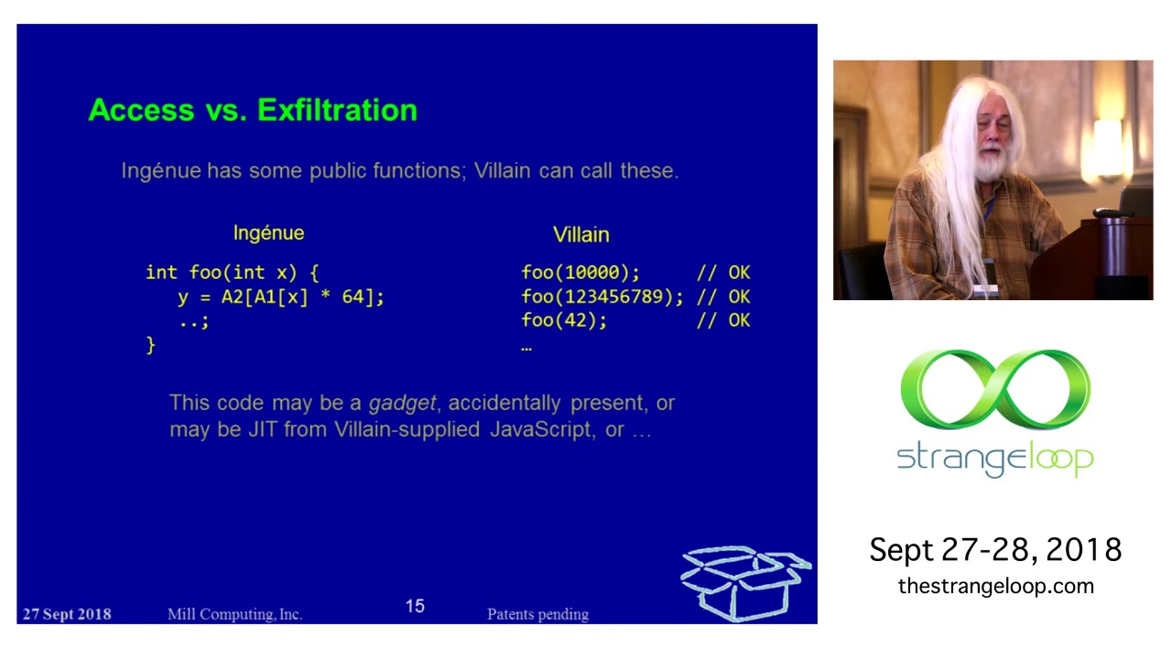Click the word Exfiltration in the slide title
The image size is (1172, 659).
tap(337, 110)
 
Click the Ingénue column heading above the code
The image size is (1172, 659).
tap(268, 233)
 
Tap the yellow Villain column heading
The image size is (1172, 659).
tap(581, 235)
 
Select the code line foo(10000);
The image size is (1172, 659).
tap(581, 273)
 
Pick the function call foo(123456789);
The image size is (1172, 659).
tap(602, 297)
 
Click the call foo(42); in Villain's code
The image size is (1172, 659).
tap(564, 320)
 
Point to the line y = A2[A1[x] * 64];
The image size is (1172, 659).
tap(280, 297)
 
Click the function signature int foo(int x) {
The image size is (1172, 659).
tap(232, 273)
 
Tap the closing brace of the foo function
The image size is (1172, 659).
tap(151, 345)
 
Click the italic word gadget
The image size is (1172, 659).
tap(402, 403)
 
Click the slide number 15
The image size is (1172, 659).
tap(415, 606)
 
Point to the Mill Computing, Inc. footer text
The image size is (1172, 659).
tap(234, 614)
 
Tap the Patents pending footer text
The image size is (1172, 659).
tap(537, 614)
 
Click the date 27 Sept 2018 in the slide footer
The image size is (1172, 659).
tap(66, 614)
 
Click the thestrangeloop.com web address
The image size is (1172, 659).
tap(995, 587)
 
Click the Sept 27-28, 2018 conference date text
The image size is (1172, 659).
tap(995, 549)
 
